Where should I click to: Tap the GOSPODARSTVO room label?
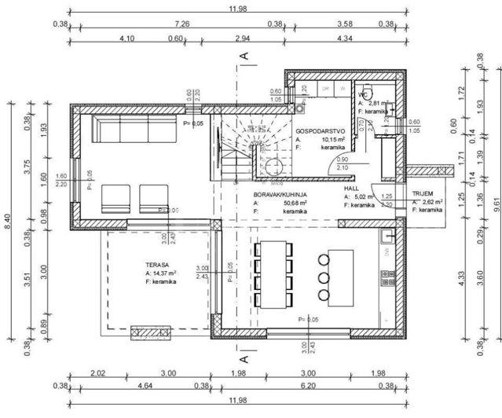click(317, 130)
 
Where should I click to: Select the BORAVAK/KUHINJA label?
click(280, 192)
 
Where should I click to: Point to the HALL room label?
click(351, 189)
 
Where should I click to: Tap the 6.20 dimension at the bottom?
click(331, 386)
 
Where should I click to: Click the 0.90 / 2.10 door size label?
click(343, 163)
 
